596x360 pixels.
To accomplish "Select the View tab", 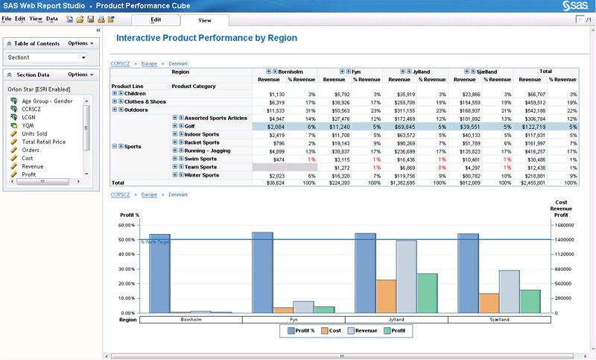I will (204, 20).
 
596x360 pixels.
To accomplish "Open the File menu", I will (7, 18).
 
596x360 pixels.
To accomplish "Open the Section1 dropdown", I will (47, 57).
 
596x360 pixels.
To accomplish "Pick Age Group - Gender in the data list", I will (47, 101).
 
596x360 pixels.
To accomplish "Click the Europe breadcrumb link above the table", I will (150, 64).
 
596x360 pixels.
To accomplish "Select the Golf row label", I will (191, 127).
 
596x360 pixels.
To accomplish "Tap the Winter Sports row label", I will (201, 175).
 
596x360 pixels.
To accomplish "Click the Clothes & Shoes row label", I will (145, 101).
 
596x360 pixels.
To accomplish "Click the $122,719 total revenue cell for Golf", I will (533, 127).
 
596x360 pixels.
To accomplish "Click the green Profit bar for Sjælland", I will (529, 301).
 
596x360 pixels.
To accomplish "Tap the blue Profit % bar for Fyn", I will (262, 272).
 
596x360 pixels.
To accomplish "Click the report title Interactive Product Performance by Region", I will (207, 38).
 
